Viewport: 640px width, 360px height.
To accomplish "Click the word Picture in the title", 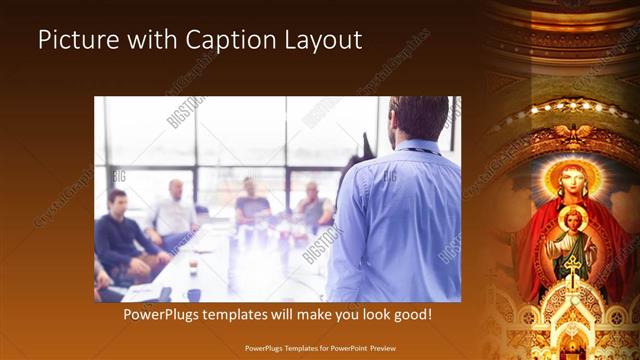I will [76, 40].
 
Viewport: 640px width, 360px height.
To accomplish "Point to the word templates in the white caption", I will [248, 314].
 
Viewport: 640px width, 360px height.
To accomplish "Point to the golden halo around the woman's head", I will [567, 165].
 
